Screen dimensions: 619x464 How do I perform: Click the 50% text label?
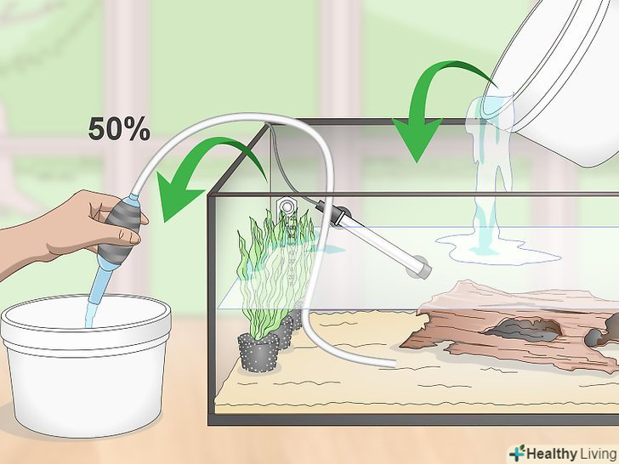pyautogui.click(x=119, y=128)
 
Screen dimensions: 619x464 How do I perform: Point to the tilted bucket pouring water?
pyautogui.click(x=560, y=79)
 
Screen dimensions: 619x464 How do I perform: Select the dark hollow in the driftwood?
pyautogui.click(x=523, y=330)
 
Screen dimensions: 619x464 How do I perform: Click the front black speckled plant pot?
pyautogui.click(x=258, y=353)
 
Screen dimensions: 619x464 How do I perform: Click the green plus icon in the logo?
pyautogui.click(x=517, y=453)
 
